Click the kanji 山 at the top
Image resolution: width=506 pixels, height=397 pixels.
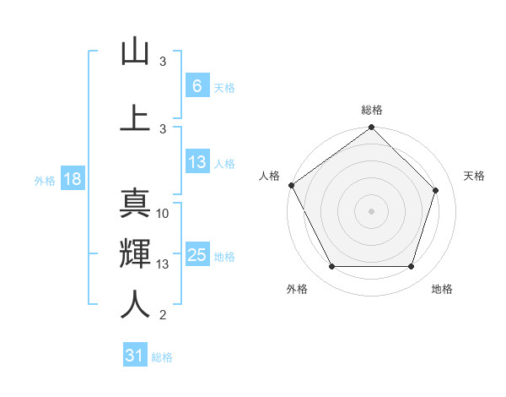135,52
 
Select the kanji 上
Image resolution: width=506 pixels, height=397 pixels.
135,117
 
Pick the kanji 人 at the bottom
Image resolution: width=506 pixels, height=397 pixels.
135,305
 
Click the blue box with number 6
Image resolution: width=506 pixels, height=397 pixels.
196,85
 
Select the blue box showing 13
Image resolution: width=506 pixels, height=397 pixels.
196,162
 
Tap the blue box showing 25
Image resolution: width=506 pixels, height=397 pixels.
196,255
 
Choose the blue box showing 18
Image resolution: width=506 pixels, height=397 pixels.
71,179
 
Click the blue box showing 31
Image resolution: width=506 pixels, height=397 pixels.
135,356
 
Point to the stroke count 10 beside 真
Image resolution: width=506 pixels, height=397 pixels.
163,214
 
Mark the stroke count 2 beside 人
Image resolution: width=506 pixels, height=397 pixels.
163,316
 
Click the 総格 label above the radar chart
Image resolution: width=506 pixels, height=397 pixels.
372,110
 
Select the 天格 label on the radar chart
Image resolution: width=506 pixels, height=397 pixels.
474,176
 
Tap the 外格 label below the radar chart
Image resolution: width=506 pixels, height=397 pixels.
297,290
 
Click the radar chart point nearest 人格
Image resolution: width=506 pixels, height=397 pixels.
291,185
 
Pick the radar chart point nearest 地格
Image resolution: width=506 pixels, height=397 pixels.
411,267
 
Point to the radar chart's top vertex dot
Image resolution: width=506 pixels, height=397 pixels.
371,128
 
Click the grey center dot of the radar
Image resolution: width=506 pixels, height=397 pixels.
371,210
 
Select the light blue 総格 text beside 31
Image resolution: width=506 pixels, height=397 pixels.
162,357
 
